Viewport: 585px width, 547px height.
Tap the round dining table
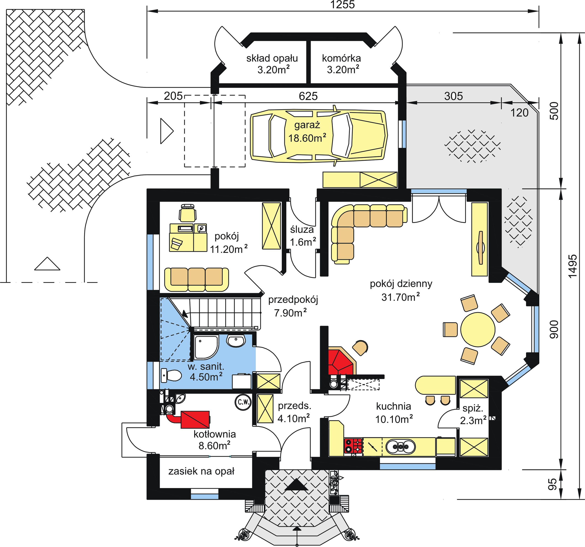tap(478, 329)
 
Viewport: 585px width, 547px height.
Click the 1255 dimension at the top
tap(343, 5)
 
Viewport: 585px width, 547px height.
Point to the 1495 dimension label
tap(571, 266)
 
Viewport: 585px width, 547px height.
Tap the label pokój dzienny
tap(401, 284)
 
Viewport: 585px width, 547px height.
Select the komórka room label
tap(341, 58)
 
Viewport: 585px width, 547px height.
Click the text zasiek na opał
tap(201, 471)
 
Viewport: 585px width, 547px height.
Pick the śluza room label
tap(302, 230)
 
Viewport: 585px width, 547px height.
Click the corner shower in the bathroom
tap(206, 347)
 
